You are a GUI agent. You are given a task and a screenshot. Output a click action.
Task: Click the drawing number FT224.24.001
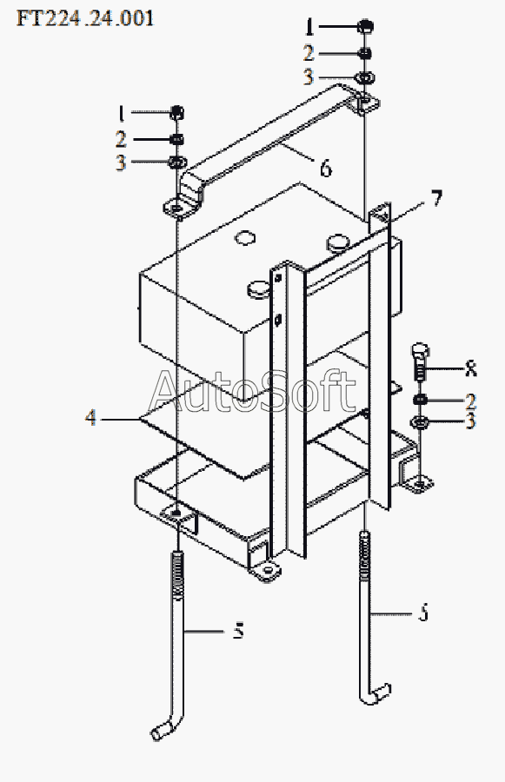pyautogui.click(x=85, y=18)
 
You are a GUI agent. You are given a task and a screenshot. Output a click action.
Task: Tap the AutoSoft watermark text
pyautogui.click(x=252, y=392)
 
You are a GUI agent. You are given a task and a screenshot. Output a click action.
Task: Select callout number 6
pyautogui.click(x=325, y=169)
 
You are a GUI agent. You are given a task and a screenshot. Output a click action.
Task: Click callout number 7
pyautogui.click(x=436, y=198)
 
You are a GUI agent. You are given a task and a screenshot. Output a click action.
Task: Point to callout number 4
pyautogui.click(x=90, y=417)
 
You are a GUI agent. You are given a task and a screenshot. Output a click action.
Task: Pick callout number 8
pyautogui.click(x=470, y=368)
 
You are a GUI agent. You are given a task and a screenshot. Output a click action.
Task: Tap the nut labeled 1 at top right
pyautogui.click(x=366, y=26)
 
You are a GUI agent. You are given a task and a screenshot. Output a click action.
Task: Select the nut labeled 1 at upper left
pyautogui.click(x=177, y=113)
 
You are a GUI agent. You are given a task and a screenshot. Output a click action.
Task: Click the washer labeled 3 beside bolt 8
pyautogui.click(x=420, y=423)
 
